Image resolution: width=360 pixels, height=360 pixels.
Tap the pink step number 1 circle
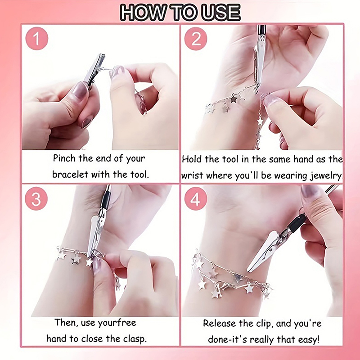click(x=37, y=38)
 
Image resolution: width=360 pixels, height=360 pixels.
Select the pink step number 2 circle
click(x=196, y=39)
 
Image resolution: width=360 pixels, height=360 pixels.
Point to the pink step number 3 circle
click(x=36, y=199)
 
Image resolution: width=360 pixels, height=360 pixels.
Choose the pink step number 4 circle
click(x=196, y=199)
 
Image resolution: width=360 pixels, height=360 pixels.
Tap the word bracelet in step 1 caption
click(x=70, y=174)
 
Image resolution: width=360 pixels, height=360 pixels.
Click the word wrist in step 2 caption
click(x=193, y=175)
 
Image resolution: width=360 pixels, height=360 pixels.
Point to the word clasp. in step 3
click(x=135, y=339)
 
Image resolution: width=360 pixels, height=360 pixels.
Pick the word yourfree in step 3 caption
click(x=117, y=323)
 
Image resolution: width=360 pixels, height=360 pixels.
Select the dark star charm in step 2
click(x=234, y=99)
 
